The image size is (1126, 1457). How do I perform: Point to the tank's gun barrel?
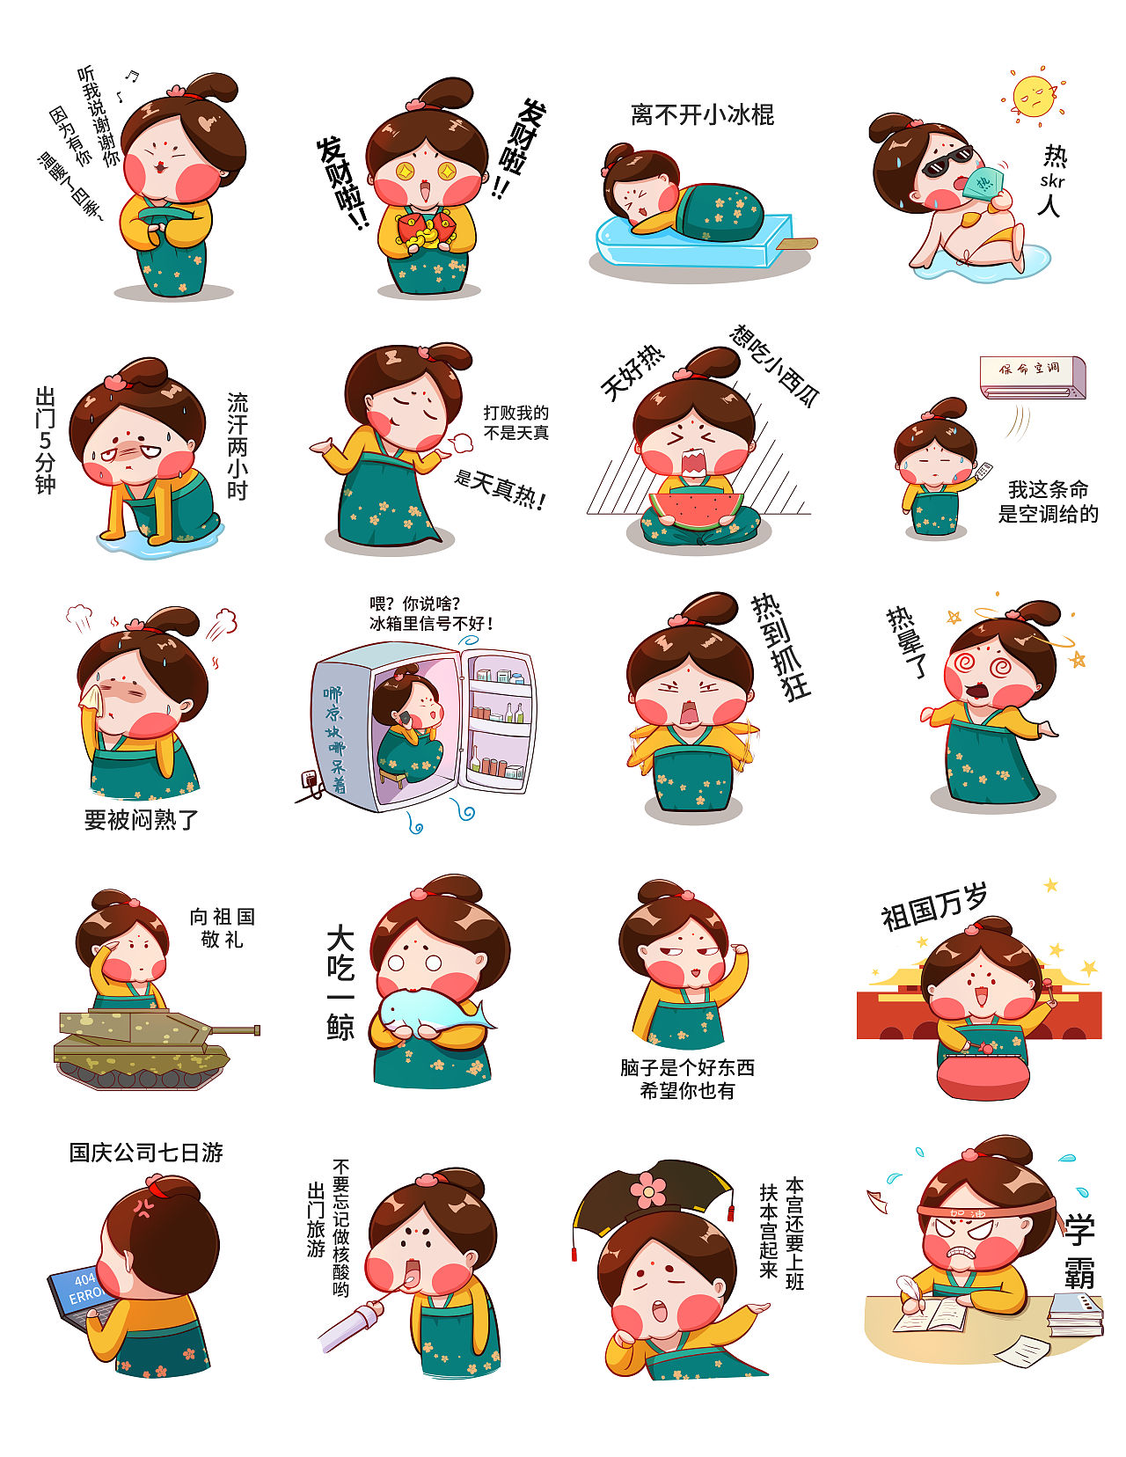(232, 1029)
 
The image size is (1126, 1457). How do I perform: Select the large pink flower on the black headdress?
(648, 1190)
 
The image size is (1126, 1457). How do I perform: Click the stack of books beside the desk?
(1075, 1314)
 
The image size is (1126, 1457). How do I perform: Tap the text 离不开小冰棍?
(702, 115)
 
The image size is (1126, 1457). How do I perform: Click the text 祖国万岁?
(934, 906)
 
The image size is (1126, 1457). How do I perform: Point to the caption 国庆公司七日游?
(146, 1153)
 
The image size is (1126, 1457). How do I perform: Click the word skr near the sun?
(1052, 182)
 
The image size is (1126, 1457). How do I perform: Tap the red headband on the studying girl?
(985, 1212)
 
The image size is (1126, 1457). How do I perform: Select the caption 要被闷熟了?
(142, 820)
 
